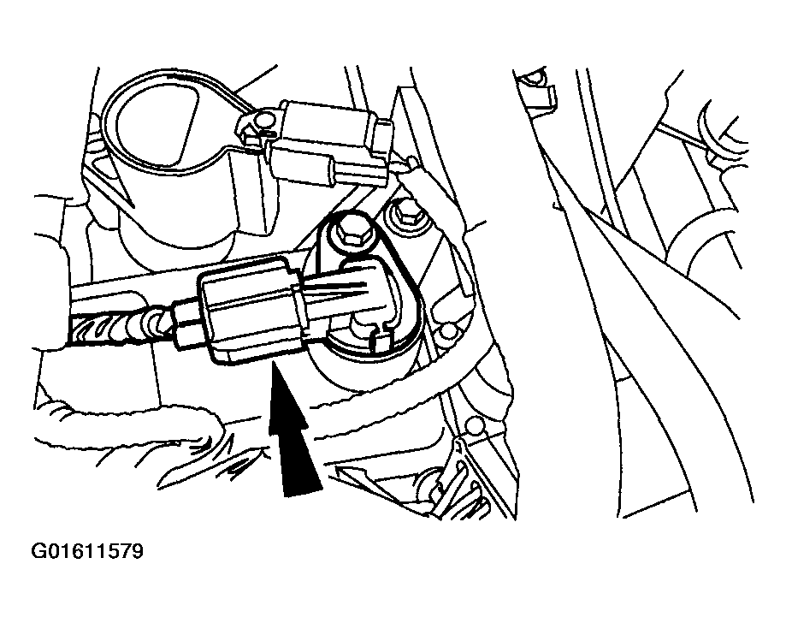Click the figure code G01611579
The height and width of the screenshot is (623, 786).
pos(87,551)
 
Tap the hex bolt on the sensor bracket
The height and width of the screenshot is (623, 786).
pos(349,232)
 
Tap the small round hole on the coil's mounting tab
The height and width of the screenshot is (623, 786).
pos(262,120)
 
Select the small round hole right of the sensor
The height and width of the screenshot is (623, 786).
pos(447,330)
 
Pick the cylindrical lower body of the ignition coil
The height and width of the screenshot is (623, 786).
pos(178,228)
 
